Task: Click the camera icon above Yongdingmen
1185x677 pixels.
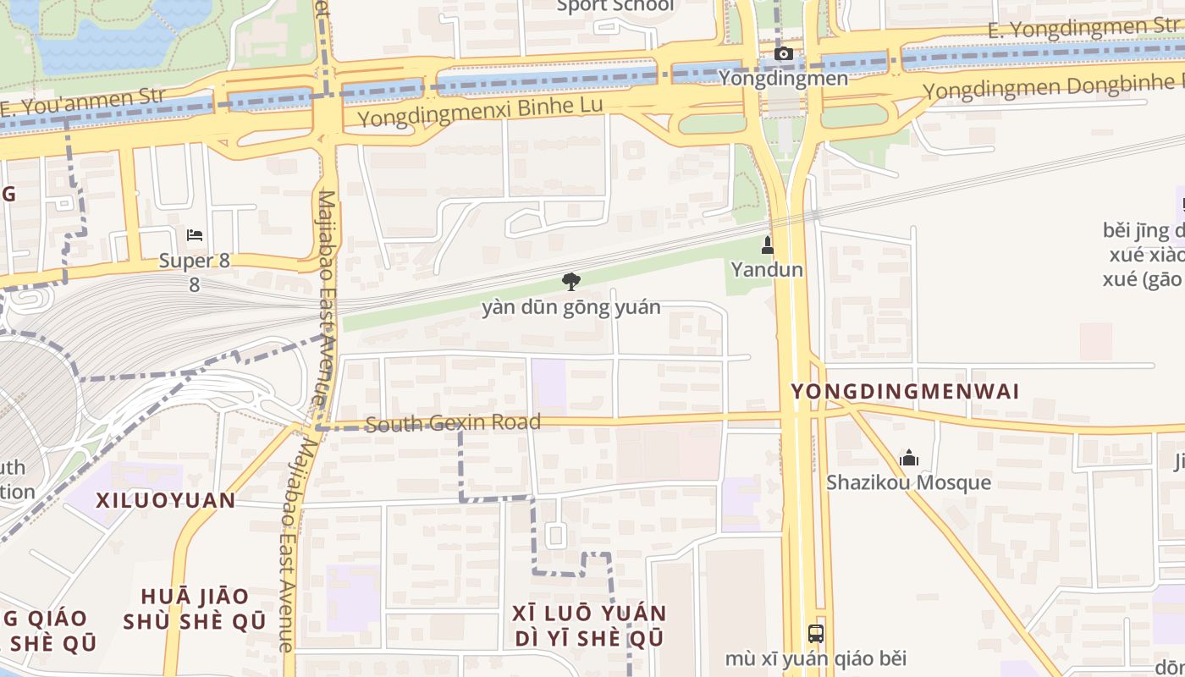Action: click(x=784, y=54)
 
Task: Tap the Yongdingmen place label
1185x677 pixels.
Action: click(x=783, y=79)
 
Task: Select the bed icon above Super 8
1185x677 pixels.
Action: click(x=195, y=234)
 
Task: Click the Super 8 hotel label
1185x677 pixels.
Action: click(x=195, y=261)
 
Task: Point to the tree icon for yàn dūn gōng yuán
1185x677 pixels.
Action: click(x=571, y=282)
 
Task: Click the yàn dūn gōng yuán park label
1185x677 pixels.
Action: click(x=571, y=307)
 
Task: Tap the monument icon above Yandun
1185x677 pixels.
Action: click(x=768, y=245)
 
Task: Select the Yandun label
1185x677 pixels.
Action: click(x=768, y=270)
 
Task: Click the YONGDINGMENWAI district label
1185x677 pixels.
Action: click(x=905, y=391)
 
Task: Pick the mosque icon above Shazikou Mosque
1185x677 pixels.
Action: click(x=909, y=459)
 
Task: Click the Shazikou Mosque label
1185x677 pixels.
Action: click(x=909, y=482)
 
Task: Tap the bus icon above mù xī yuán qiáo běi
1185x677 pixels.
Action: click(x=815, y=633)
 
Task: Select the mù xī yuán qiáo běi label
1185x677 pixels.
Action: click(x=815, y=658)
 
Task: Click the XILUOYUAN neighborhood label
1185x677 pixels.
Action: click(x=166, y=500)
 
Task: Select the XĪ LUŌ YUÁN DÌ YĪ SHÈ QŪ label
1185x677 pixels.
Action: click(x=589, y=625)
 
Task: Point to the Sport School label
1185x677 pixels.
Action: click(x=616, y=7)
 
